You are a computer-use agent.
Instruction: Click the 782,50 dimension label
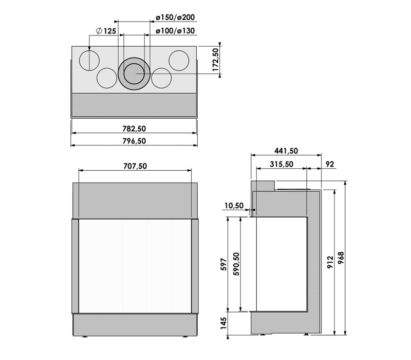pyautogui.click(x=134, y=129)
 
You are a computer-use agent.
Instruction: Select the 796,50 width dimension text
pyautogui.click(x=134, y=141)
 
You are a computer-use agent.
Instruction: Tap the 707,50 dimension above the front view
pyautogui.click(x=135, y=166)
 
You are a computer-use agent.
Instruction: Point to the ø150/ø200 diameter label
pyautogui.click(x=175, y=17)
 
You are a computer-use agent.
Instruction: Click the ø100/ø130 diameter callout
pyautogui.click(x=175, y=31)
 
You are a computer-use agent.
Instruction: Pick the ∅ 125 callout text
pyautogui.click(x=106, y=31)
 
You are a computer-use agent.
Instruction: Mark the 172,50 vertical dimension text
pyautogui.click(x=215, y=60)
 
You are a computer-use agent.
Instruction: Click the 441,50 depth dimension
pyautogui.click(x=286, y=151)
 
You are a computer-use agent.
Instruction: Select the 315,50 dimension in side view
pyautogui.click(x=282, y=164)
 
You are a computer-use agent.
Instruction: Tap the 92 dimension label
pyautogui.click(x=330, y=164)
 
